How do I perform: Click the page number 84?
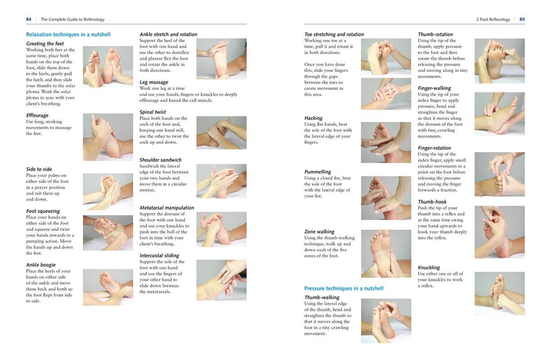[x=29, y=19]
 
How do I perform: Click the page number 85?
[x=522, y=19]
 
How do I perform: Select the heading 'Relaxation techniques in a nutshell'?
[x=68, y=35]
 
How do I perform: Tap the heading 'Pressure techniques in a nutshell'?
[x=344, y=288]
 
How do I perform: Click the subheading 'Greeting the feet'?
[x=45, y=44]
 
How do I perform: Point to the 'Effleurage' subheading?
[x=37, y=116]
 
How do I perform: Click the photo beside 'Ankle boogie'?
[x=108, y=287]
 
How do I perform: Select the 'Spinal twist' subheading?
[x=153, y=112]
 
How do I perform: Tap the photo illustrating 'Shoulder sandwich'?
[x=221, y=181]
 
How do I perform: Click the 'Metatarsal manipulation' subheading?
[x=167, y=208]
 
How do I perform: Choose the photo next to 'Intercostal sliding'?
[x=221, y=280]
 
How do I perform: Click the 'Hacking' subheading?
[x=313, y=118]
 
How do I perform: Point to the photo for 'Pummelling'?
[x=385, y=198]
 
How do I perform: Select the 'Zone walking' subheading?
[x=319, y=232]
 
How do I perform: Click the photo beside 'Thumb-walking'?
[x=385, y=321]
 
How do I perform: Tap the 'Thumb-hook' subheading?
[x=432, y=202]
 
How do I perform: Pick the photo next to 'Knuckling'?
[x=499, y=293]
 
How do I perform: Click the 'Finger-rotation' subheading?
[x=434, y=148]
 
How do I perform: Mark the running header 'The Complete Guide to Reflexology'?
[x=73, y=19]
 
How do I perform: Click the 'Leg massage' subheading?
[x=154, y=82]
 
